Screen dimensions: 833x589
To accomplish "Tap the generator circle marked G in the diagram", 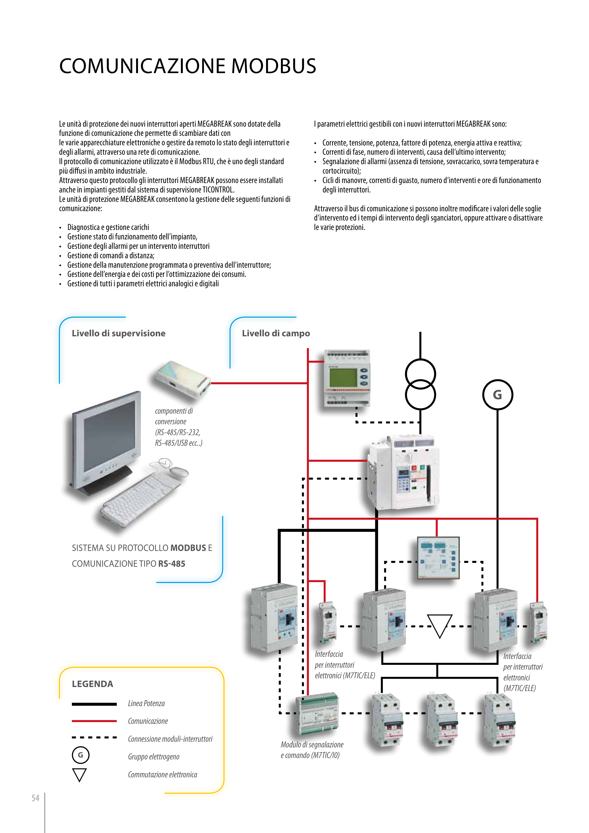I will [x=497, y=395].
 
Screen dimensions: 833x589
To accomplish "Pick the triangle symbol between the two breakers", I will [x=439, y=625].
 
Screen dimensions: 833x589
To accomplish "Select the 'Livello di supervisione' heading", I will [x=118, y=333].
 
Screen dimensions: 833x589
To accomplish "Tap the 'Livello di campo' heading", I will [x=276, y=333].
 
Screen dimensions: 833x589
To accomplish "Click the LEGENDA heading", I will [x=92, y=684].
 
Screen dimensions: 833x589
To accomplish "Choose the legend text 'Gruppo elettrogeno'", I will [x=154, y=756].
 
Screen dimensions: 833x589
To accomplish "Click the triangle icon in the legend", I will [x=79, y=775].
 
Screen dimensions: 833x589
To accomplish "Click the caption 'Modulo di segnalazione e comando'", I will [x=312, y=750].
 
